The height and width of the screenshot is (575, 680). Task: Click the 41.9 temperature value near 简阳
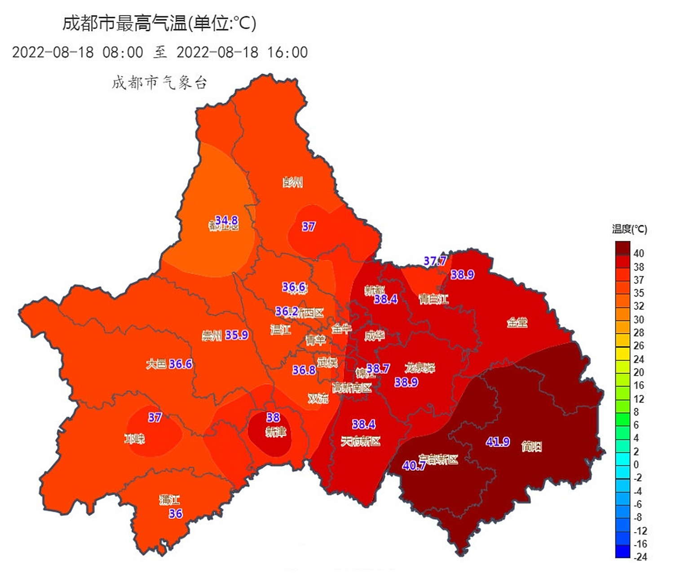(x=498, y=442)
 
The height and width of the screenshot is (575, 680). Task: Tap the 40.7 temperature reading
(x=414, y=466)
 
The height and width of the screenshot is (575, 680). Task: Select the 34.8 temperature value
(x=226, y=220)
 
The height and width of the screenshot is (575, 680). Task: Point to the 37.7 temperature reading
(x=435, y=261)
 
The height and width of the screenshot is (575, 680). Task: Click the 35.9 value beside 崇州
(x=237, y=335)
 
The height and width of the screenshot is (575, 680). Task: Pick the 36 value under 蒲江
(x=176, y=513)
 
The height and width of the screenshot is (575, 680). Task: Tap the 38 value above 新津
(x=273, y=417)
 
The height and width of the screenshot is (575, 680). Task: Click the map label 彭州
(x=293, y=182)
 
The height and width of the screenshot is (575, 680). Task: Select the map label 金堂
(x=517, y=322)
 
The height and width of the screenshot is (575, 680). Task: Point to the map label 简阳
(x=531, y=446)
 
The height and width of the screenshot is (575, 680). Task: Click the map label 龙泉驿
(x=420, y=367)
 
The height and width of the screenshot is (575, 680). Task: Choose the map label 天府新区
(x=361, y=442)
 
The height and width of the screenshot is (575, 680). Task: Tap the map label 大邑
(x=156, y=364)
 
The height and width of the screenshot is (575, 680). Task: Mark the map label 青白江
(x=433, y=299)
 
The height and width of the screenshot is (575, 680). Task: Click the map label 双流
(x=318, y=398)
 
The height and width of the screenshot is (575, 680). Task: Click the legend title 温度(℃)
(x=629, y=229)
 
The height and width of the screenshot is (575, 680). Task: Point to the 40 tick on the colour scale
(x=639, y=253)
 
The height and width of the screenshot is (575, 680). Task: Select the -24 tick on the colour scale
(x=640, y=557)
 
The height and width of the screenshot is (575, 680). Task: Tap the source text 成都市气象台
(x=159, y=83)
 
